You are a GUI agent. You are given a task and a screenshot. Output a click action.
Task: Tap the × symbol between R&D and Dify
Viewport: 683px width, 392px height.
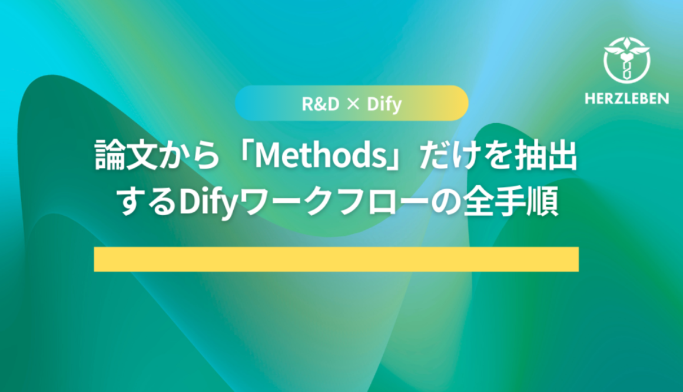pyautogui.click(x=352, y=105)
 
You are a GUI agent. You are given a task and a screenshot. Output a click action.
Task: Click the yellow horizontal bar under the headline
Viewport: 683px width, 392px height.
pyautogui.click(x=336, y=259)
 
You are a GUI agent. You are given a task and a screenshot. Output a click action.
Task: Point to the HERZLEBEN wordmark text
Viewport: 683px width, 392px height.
pyautogui.click(x=627, y=98)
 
